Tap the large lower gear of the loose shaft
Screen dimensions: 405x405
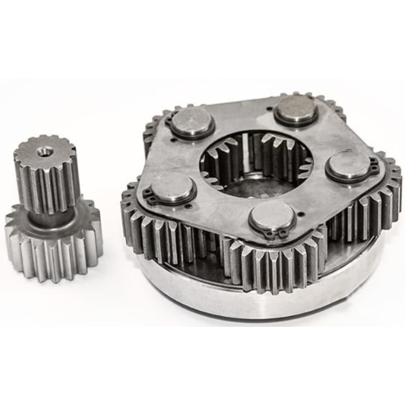point(53,251)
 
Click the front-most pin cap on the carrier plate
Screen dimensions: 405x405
point(272,217)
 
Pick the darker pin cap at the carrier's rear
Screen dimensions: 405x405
point(296,108)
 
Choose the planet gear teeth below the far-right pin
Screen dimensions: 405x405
point(364,211)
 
